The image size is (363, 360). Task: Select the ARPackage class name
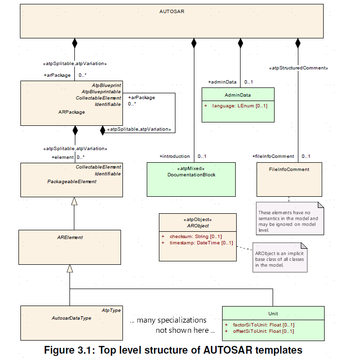[x=71, y=112]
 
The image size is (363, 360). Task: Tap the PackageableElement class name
[x=71, y=181]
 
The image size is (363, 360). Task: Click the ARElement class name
[x=70, y=238]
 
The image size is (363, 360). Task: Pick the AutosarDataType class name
[x=71, y=318]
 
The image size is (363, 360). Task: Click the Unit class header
[x=273, y=314]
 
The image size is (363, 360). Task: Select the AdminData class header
[x=238, y=95]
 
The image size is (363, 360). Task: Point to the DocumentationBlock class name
[x=191, y=174]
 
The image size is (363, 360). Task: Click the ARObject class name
[x=198, y=225]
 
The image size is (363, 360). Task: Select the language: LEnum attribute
[x=240, y=105]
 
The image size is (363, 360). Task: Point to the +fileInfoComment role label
[x=273, y=156]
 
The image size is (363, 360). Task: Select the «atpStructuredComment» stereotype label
[x=298, y=68]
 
